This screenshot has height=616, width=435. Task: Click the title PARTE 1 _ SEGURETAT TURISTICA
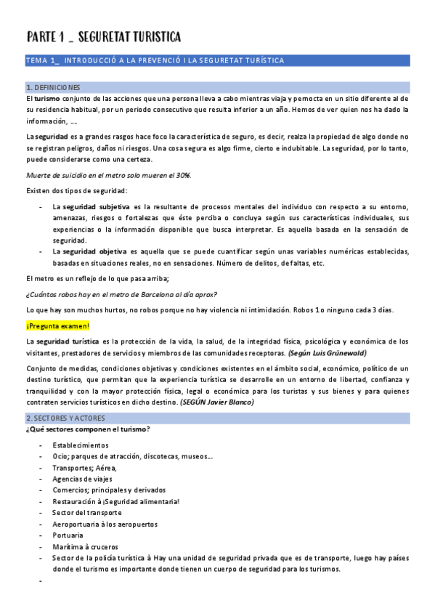point(104,37)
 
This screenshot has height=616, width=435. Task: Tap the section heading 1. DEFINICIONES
point(53,87)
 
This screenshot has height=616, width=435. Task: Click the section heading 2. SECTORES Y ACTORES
point(65,418)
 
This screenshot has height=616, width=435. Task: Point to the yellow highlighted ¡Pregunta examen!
point(57,326)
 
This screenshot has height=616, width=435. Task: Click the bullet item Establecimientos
point(81,445)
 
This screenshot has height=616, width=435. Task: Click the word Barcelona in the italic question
point(156,294)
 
